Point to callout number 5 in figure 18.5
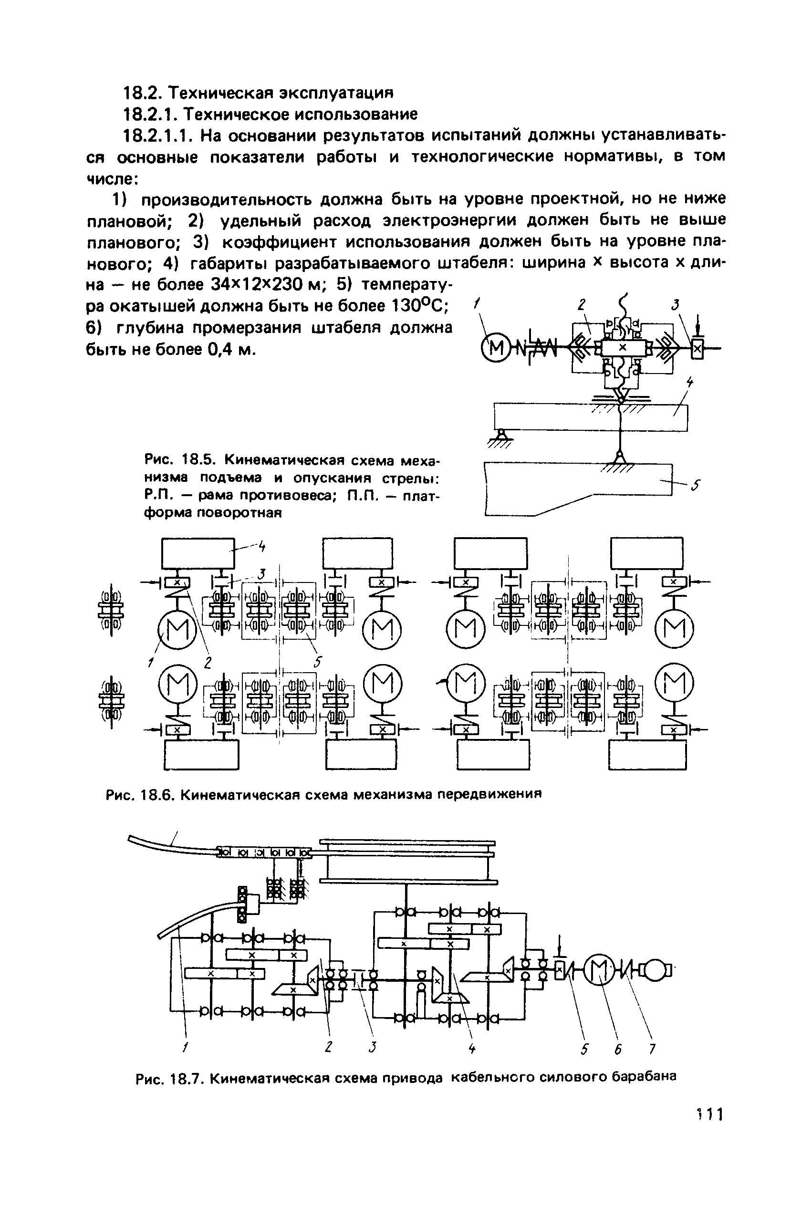point(697,485)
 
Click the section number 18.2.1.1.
point(156,135)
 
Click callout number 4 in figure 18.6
point(262,546)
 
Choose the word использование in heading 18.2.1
point(355,114)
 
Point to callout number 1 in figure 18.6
point(151,662)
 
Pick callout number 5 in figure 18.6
point(318,662)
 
